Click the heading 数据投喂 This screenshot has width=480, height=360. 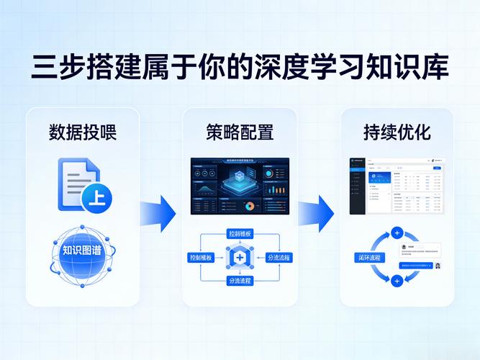[83, 132]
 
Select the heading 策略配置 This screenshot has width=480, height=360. [240, 132]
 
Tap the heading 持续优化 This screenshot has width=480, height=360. [397, 132]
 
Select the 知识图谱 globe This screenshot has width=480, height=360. [82, 251]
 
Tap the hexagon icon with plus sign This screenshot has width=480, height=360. [239, 257]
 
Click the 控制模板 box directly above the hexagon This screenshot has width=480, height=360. [240, 234]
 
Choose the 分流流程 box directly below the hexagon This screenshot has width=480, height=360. [240, 280]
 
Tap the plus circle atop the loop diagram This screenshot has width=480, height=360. [397, 233]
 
